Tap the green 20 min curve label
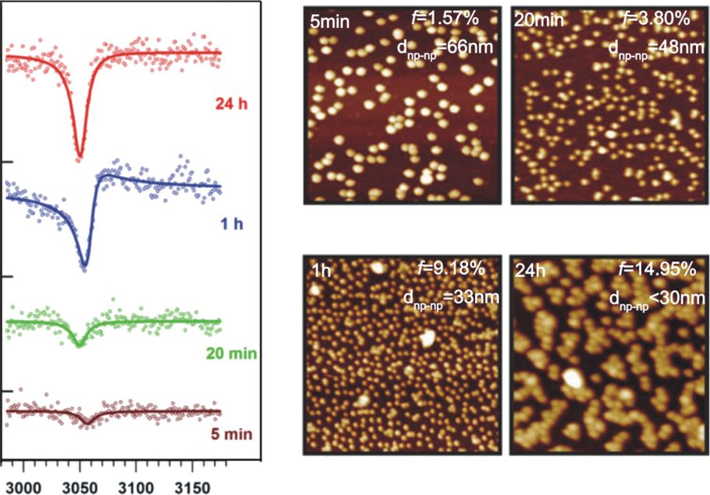pyautogui.click(x=232, y=354)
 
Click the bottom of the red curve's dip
pyautogui.click(x=80, y=159)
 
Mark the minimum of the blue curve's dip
pyautogui.click(x=84, y=270)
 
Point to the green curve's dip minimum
pyautogui.click(x=77, y=344)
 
